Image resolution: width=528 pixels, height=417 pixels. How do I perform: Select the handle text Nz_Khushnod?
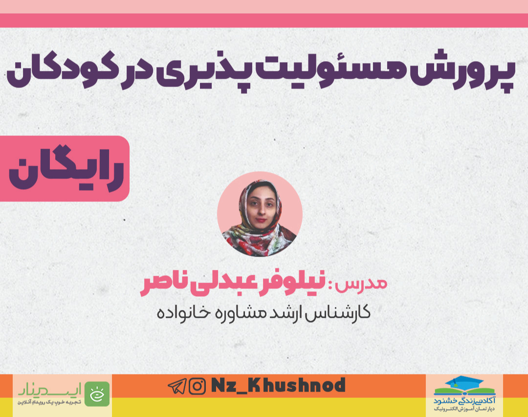coord(279,385)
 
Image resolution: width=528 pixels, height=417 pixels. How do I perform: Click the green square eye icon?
coord(97,394)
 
